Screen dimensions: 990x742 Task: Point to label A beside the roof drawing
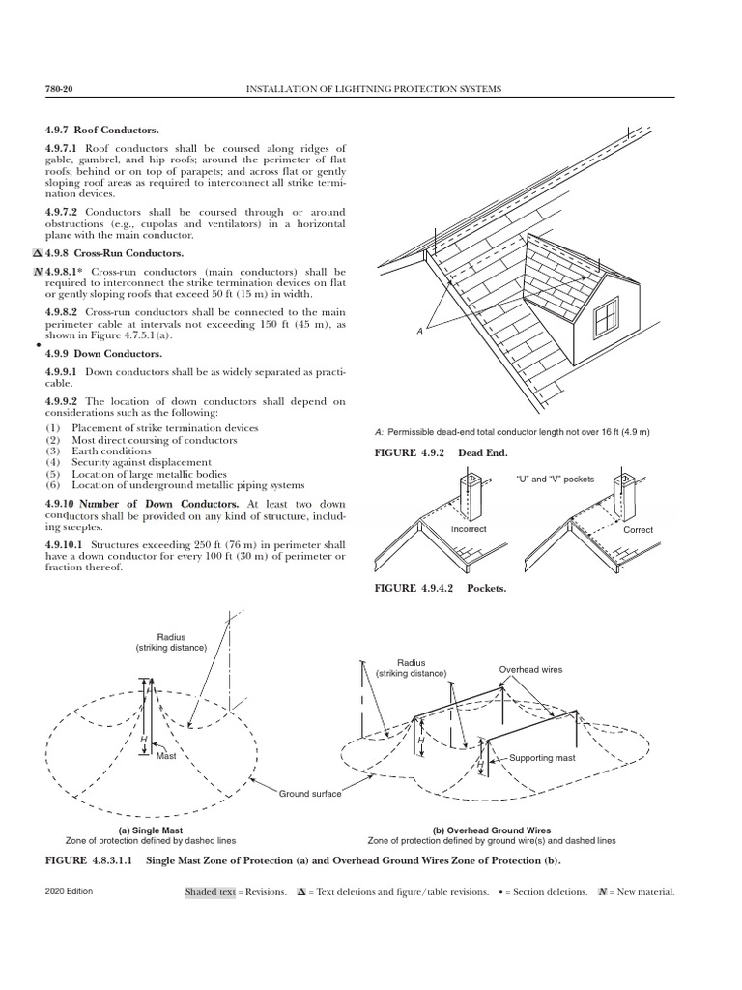[x=419, y=332]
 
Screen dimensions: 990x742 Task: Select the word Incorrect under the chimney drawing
[x=469, y=530]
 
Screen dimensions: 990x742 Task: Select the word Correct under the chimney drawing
[x=638, y=530]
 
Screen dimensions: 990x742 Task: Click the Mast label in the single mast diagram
[x=167, y=755]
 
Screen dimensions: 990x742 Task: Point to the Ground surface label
[x=309, y=794]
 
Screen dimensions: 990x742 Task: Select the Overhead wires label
[x=529, y=669]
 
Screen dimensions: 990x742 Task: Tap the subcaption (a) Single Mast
[x=150, y=830]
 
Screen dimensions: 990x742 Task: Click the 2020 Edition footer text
[x=69, y=891]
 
